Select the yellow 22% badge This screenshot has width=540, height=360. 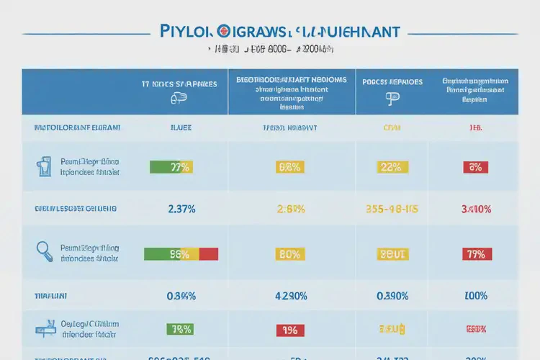392,167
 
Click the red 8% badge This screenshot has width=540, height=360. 475,167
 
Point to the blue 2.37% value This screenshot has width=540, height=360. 181,209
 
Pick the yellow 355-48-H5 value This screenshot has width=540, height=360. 392,210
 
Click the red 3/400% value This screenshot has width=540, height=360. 476,210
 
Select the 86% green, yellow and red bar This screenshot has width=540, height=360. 181,253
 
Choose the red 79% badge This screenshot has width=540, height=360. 475,253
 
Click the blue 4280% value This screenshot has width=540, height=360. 292,295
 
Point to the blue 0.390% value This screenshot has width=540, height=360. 392,295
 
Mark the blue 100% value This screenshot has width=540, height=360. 476,295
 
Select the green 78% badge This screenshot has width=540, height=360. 180,329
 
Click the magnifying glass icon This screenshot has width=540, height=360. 43,250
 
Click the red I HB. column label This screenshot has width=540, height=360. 476,127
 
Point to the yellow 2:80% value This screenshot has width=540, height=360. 292,210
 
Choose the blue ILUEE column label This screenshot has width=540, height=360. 180,127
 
